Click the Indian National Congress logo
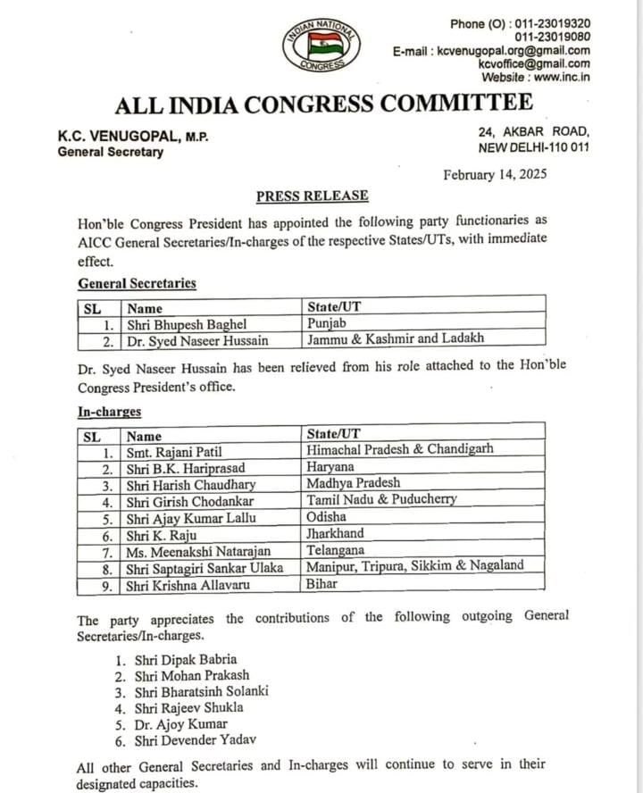click(321, 45)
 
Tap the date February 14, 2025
click(495, 175)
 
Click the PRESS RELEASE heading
click(312, 196)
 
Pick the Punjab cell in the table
click(327, 323)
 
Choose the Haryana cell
click(330, 468)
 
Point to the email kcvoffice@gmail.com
click(533, 63)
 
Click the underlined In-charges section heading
click(109, 413)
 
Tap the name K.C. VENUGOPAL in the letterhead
click(118, 136)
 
